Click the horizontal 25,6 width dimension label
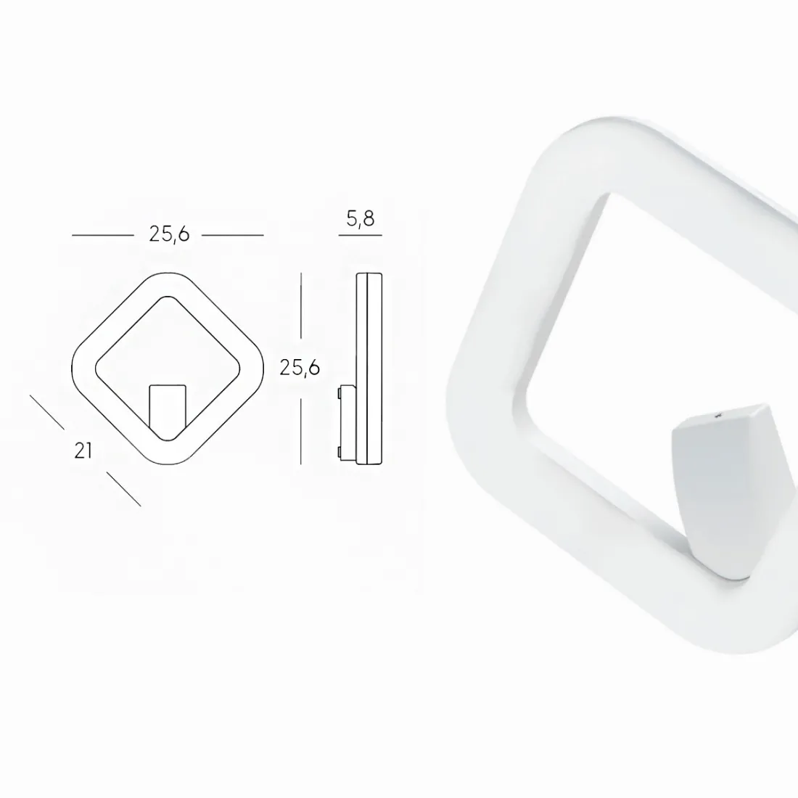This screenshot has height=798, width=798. pyautogui.click(x=169, y=234)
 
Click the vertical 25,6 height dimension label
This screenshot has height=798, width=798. pyautogui.click(x=300, y=368)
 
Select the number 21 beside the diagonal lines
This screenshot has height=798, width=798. pyautogui.click(x=83, y=451)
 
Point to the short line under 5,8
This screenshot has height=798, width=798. pyautogui.click(x=361, y=236)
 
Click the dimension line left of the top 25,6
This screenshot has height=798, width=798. pyautogui.click(x=103, y=236)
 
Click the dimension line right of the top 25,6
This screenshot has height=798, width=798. pyautogui.click(x=232, y=236)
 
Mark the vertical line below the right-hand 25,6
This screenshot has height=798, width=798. pyautogui.click(x=301, y=428)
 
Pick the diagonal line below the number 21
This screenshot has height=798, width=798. pyautogui.click(x=123, y=488)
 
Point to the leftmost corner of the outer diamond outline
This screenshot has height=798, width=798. pyautogui.click(x=73, y=368)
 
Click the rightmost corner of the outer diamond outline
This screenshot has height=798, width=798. pyautogui.click(x=263, y=368)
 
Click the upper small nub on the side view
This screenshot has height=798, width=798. pyautogui.click(x=340, y=392)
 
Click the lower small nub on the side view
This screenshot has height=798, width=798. pyautogui.click(x=340, y=453)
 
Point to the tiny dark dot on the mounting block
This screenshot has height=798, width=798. pyautogui.click(x=717, y=416)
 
